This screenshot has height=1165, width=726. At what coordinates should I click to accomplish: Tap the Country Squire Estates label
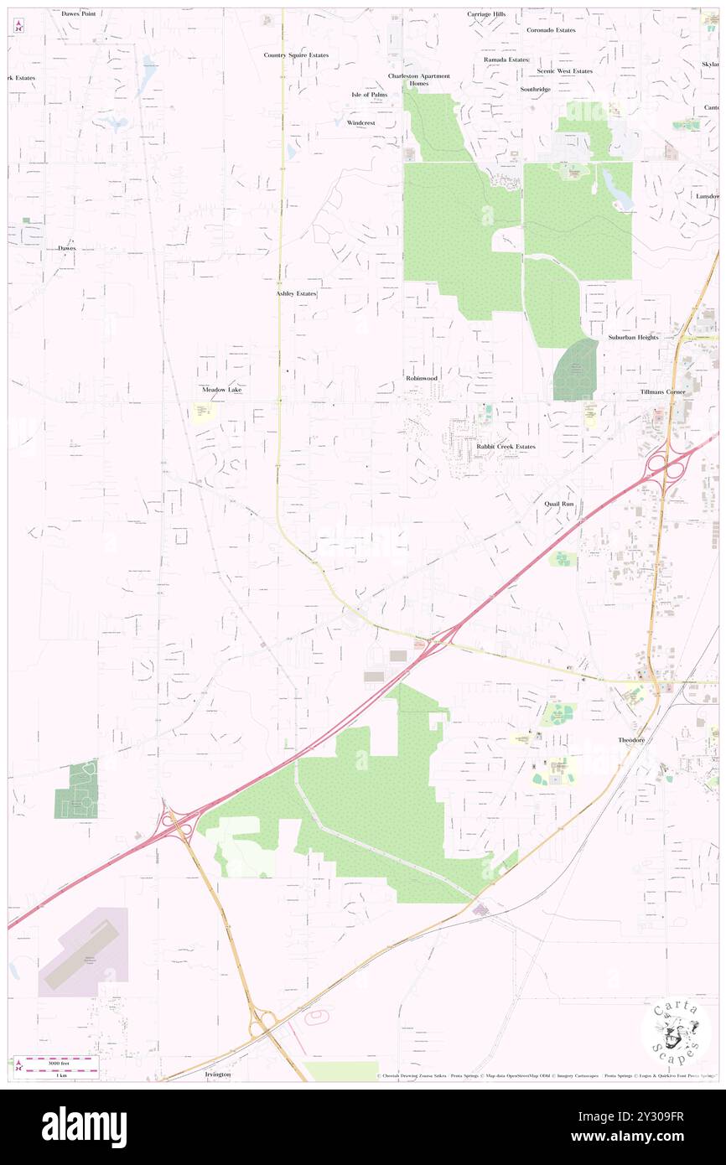pyautogui.click(x=296, y=55)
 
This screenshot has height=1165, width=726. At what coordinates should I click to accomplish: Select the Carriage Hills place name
pyautogui.click(x=487, y=14)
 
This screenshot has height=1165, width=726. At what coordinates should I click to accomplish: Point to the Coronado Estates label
pyautogui.click(x=551, y=30)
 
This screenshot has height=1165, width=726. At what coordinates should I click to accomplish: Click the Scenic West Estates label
pyautogui.click(x=564, y=71)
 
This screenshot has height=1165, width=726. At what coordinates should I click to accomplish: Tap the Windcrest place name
pyautogui.click(x=361, y=122)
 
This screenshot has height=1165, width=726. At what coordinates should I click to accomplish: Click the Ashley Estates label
pyautogui.click(x=296, y=294)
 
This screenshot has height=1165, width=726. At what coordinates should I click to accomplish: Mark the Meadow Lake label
pyautogui.click(x=221, y=390)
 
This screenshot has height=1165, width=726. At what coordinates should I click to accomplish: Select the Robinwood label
pyautogui.click(x=422, y=378)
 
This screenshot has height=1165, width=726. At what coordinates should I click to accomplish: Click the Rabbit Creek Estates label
pyautogui.click(x=506, y=447)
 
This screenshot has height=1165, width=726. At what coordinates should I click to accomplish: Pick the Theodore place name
pyautogui.click(x=632, y=740)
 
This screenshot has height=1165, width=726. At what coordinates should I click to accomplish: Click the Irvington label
pyautogui.click(x=216, y=1074)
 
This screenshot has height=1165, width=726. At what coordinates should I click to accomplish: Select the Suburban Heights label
pyautogui.click(x=633, y=337)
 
